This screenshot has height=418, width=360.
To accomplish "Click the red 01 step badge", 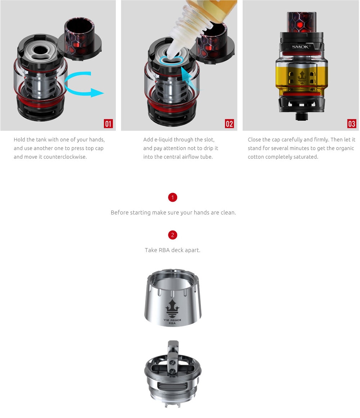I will pos(108,124).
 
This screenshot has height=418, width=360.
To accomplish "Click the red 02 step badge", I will pos(229,124).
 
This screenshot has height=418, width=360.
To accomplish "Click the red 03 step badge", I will pos(351,124).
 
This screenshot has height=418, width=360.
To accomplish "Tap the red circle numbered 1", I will pos(172,197).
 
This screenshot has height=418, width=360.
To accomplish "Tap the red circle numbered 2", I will pos(172,235).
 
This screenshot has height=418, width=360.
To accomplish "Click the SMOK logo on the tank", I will pos(301,47).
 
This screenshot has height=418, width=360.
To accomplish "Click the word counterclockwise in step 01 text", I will pos(65,157).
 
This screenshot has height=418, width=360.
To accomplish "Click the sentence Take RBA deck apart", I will pos(172,250).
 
